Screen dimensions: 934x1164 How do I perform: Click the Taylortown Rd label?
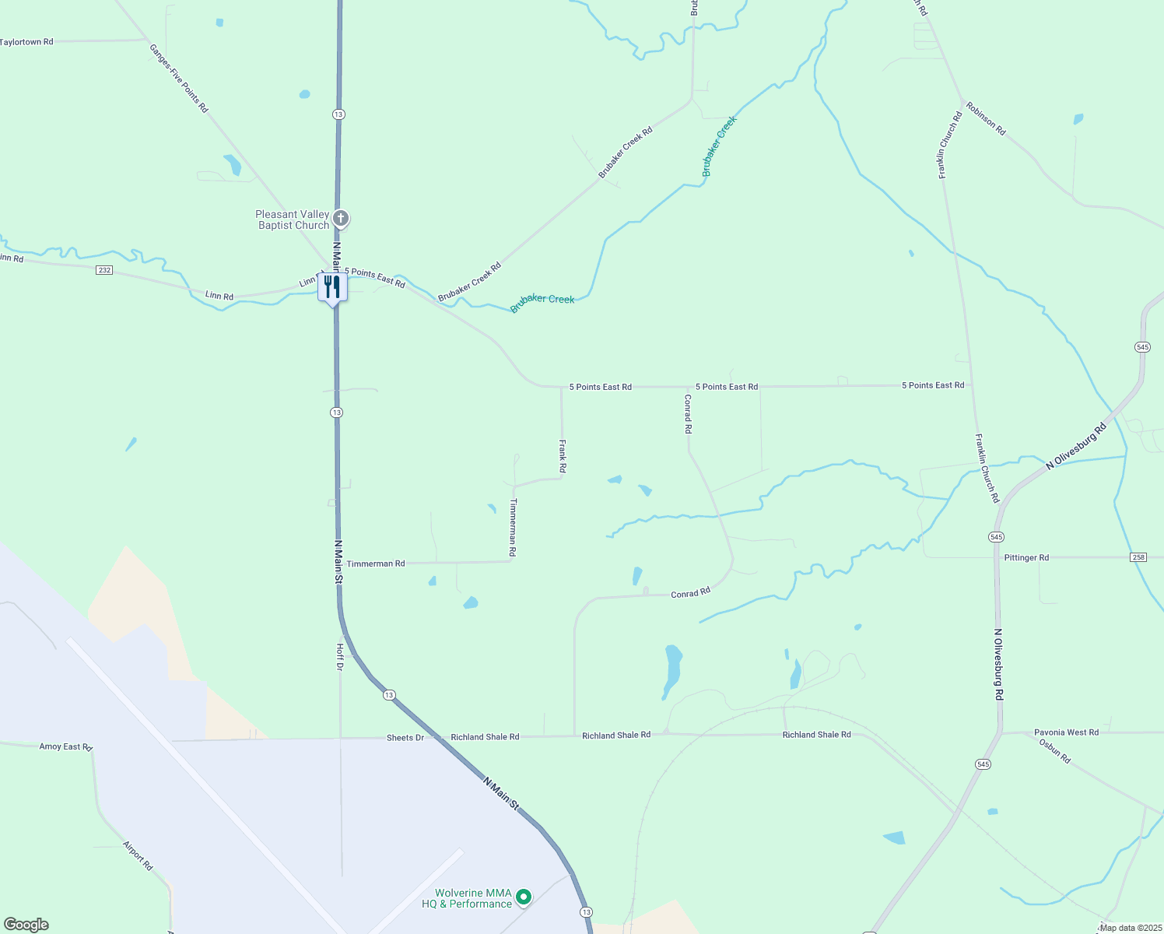point(27,42)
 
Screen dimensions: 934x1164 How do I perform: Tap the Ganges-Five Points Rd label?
point(179,79)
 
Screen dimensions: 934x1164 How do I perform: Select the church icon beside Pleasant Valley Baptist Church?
point(340,219)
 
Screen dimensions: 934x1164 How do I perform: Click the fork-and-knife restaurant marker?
point(332,286)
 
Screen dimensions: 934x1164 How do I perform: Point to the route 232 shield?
point(104,270)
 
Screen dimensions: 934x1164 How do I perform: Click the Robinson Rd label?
point(986,118)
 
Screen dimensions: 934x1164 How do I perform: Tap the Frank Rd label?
point(563,456)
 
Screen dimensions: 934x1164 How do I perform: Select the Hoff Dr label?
point(340,656)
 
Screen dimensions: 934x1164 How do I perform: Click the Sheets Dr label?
point(405,737)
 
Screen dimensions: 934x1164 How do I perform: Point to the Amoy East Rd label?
point(66,746)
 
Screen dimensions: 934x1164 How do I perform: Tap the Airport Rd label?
point(138,855)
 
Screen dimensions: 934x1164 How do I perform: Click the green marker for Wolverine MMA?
point(524,897)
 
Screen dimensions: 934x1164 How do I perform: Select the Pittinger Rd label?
point(1026,557)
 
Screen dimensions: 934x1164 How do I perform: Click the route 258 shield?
point(1138,557)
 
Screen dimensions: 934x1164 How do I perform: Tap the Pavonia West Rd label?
point(1066,732)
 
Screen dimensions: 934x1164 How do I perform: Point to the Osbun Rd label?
point(1055,751)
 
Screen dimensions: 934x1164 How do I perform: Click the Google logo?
point(26,925)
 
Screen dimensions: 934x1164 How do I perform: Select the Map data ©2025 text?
point(1131,927)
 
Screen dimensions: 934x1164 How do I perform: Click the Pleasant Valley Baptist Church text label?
point(293,219)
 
